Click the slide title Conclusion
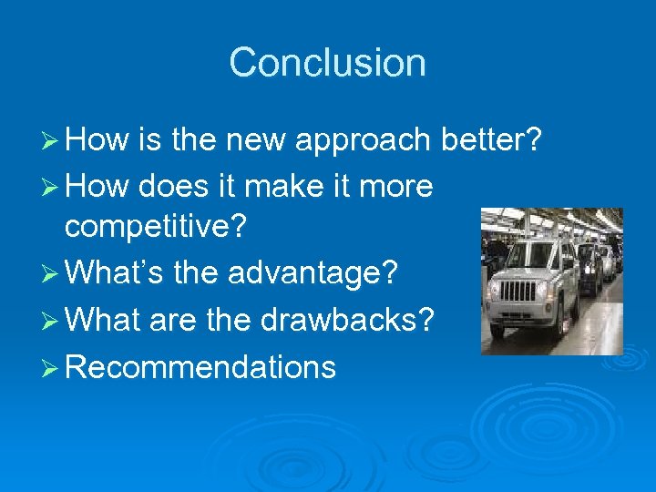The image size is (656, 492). tap(327, 63)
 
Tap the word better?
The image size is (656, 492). tap(491, 140)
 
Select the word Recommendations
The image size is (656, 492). tap(201, 367)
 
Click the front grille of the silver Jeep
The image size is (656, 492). tap(519, 292)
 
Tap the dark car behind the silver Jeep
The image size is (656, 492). tap(588, 266)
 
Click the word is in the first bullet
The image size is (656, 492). tap(150, 140)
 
